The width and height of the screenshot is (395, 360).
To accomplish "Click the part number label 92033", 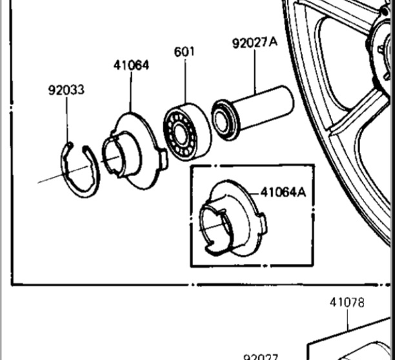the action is pyautogui.click(x=66, y=90).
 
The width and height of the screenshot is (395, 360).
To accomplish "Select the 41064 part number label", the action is pyautogui.click(x=131, y=65).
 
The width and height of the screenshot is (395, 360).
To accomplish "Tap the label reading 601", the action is pyautogui.click(x=185, y=52).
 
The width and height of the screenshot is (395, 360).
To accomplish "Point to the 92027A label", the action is pyautogui.click(x=255, y=43).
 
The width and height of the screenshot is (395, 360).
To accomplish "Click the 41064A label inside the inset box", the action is pyautogui.click(x=283, y=193).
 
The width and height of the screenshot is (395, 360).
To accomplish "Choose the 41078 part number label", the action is pyautogui.click(x=347, y=303).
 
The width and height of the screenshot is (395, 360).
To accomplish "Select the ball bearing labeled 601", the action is pyautogui.click(x=187, y=132).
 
